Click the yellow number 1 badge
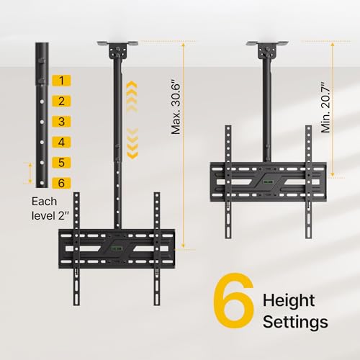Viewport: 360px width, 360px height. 61,81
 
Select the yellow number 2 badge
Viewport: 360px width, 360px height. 61,101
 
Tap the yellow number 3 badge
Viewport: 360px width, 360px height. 61,122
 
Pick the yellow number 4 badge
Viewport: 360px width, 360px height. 61,142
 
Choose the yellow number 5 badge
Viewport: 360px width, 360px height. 61,163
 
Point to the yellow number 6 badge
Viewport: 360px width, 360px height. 61,183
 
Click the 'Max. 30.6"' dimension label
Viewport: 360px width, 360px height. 176,109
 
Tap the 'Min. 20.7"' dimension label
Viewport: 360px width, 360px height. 326,107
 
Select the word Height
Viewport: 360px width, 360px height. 289,300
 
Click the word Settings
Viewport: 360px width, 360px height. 295,322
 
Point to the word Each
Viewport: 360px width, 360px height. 44,202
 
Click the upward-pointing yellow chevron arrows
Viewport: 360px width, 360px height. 132,96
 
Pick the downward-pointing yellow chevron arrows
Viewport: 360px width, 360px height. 132,143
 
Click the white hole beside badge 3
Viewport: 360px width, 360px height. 42,122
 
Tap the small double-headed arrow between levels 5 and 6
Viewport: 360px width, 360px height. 30,173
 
